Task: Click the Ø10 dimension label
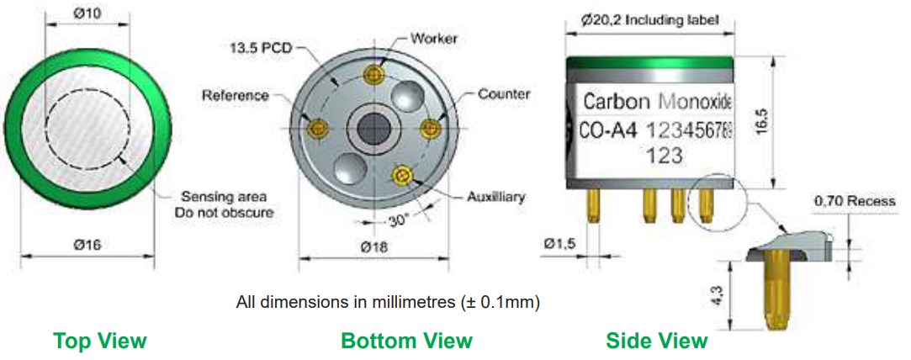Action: click(x=87, y=13)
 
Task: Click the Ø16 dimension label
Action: click(x=87, y=245)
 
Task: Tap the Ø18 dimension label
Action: click(x=373, y=246)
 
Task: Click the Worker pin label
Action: click(x=434, y=39)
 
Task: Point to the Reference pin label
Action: click(x=236, y=95)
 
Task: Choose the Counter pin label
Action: click(x=504, y=93)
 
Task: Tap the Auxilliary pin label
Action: click(x=495, y=196)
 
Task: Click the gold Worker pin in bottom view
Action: click(x=373, y=74)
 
